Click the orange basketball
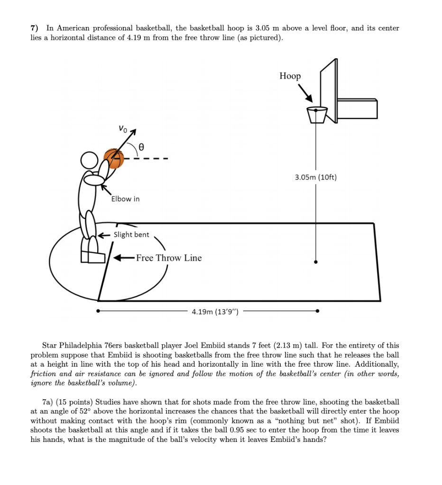[x=114, y=159]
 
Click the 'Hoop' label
[x=290, y=76]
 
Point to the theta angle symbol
[x=141, y=148]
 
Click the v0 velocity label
[x=122, y=128]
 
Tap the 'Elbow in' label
[x=125, y=199]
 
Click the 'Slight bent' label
[x=131, y=235]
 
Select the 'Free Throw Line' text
[x=168, y=258]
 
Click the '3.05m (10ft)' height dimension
[x=315, y=178]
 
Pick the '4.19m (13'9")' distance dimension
[x=215, y=312]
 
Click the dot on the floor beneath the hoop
[x=316, y=261]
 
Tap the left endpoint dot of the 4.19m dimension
[x=98, y=311]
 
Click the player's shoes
[x=93, y=256]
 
